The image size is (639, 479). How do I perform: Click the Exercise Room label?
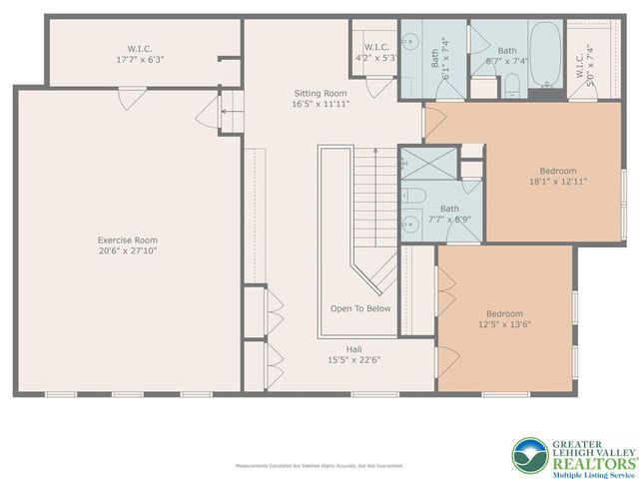point(127,239)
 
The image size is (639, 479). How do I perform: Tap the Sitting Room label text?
point(319,93)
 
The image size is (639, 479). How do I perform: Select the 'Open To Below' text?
point(360,308)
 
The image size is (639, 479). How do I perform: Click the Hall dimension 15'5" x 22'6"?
point(354,359)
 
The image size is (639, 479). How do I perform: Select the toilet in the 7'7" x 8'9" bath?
point(416,194)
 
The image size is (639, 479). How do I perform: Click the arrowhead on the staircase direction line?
point(375,153)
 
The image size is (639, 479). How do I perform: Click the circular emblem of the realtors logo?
point(529,456)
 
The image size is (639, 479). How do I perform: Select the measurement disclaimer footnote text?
point(319,466)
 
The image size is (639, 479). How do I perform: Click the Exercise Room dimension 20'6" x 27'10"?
point(127,250)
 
